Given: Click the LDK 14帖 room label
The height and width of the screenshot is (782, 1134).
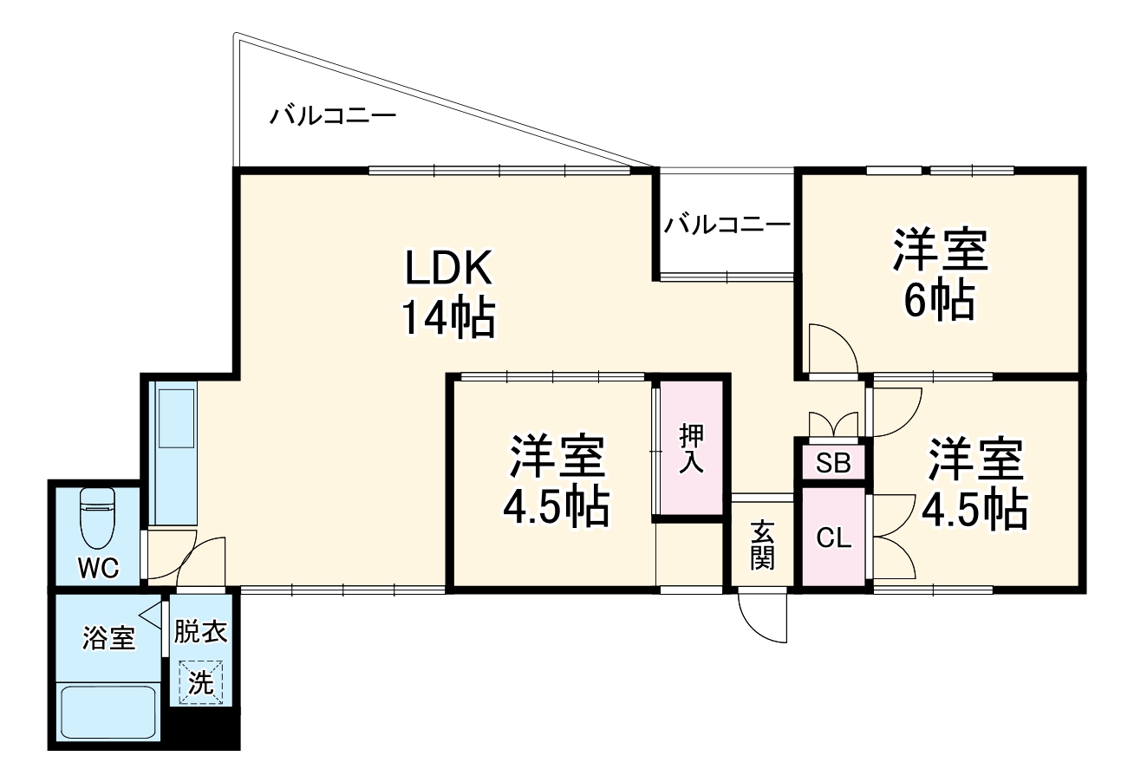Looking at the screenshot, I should [447, 293].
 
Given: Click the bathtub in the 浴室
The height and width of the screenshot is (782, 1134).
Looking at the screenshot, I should [108, 711].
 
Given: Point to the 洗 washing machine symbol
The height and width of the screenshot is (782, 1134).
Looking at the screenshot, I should [200, 682].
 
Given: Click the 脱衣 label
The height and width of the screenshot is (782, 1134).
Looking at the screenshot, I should [200, 631].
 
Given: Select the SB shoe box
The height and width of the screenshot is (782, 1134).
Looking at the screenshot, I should [833, 463].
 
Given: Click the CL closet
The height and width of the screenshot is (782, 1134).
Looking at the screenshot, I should [834, 538].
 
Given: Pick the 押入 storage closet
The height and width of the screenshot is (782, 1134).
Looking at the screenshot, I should [690, 448].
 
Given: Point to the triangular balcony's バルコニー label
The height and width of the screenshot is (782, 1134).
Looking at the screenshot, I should [332, 115].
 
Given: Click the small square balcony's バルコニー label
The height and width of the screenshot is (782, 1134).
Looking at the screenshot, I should [727, 225].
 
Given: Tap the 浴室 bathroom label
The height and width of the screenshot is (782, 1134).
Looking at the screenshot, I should [108, 639].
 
